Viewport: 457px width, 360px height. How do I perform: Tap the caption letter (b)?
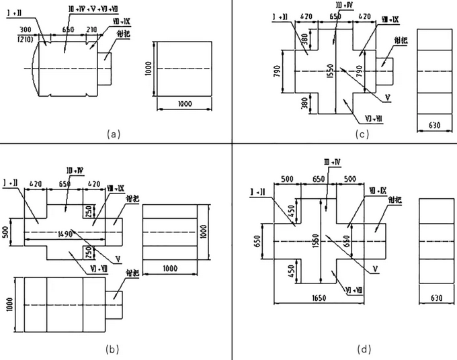(x=113, y=349)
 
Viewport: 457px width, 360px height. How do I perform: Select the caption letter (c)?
(x=362, y=134)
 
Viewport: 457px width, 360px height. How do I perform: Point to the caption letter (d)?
(x=364, y=349)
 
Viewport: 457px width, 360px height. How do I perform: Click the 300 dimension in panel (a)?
(x=26, y=31)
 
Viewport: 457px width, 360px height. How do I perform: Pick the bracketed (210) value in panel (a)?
(x=26, y=39)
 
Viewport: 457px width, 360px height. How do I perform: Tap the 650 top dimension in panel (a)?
(x=68, y=31)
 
